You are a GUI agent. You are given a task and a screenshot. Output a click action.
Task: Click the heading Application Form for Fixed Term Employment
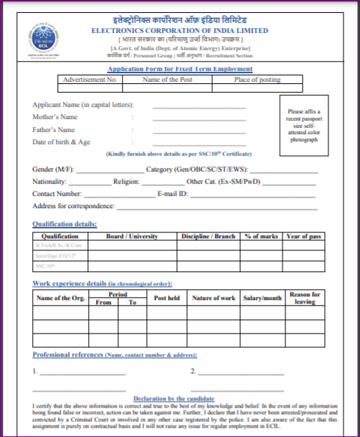[x=179, y=69]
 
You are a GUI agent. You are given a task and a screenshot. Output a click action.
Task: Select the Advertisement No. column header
[x=90, y=79]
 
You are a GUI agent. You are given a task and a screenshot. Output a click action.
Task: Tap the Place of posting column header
[x=262, y=79]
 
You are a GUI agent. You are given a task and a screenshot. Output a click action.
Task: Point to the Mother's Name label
[x=55, y=117]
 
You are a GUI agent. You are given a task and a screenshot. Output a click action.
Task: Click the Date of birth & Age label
[x=62, y=142]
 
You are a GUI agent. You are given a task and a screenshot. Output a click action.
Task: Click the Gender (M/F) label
[x=52, y=169]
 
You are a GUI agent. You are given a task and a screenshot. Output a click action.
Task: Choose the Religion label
[x=130, y=182]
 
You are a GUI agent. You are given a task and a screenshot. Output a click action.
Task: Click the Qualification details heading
[x=65, y=224]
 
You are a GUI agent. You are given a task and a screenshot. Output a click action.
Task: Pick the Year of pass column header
[x=304, y=236]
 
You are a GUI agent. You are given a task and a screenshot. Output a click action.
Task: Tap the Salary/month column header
[x=262, y=298]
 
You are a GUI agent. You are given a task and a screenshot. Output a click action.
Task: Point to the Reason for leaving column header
[x=305, y=298]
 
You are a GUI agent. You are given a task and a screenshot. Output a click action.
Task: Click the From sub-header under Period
[x=103, y=303]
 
